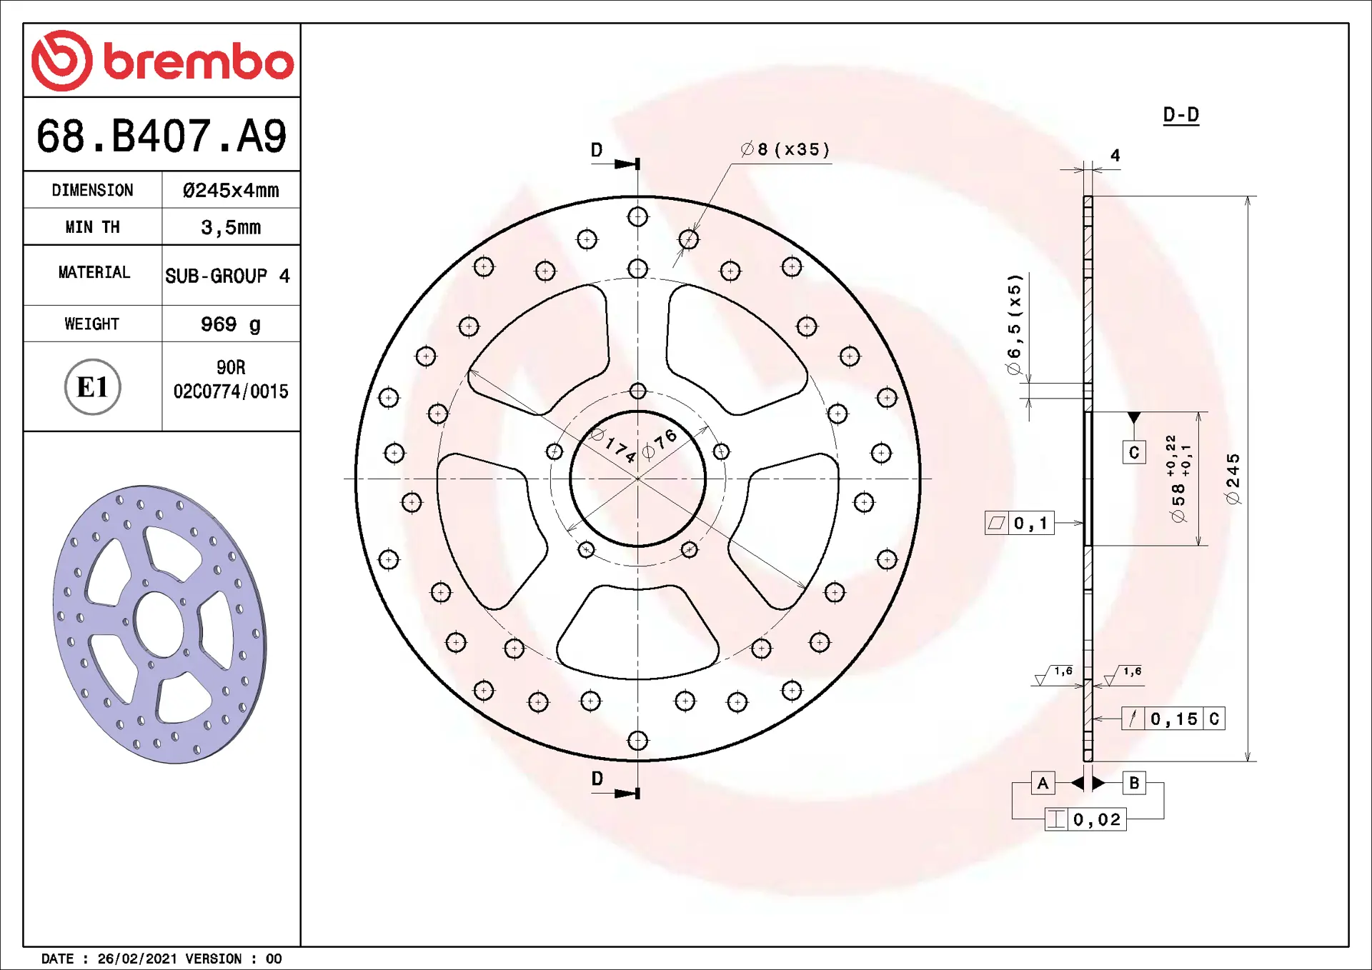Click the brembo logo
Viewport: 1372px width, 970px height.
(162, 61)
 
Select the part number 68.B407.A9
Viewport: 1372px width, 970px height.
(161, 136)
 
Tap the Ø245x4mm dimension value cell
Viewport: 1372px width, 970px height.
(231, 190)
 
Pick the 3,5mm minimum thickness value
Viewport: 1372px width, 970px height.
(231, 227)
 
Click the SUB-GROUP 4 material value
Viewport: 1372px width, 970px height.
(227, 276)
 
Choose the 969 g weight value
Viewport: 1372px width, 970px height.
(231, 324)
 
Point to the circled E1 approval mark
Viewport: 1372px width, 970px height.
(93, 386)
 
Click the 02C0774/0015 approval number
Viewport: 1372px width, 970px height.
(231, 391)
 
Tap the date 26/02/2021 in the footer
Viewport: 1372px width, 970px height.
(137, 959)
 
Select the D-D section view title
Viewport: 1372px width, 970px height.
(1180, 114)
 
